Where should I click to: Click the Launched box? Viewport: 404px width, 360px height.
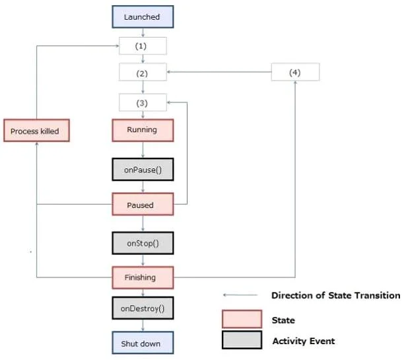(143, 17)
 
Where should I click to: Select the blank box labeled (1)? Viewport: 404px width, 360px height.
(143, 46)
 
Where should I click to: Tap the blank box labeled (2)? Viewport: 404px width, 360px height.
(143, 72)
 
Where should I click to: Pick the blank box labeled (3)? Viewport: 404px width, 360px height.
(143, 102)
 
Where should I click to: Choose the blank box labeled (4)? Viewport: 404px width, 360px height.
(295, 72)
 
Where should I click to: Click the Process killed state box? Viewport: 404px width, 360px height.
(36, 130)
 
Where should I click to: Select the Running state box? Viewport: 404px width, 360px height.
(143, 130)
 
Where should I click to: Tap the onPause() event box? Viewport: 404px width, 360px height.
(143, 169)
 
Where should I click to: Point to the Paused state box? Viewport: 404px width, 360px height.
(143, 204)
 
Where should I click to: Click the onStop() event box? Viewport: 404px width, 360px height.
(143, 243)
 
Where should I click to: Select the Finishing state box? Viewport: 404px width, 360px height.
(143, 277)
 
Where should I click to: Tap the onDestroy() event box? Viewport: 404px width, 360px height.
(143, 308)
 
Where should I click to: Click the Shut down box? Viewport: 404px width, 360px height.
(143, 343)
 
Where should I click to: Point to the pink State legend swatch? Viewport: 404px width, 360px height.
(242, 319)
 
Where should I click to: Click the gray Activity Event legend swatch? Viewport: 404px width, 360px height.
(242, 340)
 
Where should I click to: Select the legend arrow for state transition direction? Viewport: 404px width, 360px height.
(240, 295)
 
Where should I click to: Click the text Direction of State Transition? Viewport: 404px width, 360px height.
(336, 295)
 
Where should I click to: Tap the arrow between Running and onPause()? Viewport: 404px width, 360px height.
(143, 150)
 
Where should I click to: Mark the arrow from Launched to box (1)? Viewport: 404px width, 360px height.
(143, 33)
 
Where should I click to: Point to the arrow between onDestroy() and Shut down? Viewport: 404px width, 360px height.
(143, 326)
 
